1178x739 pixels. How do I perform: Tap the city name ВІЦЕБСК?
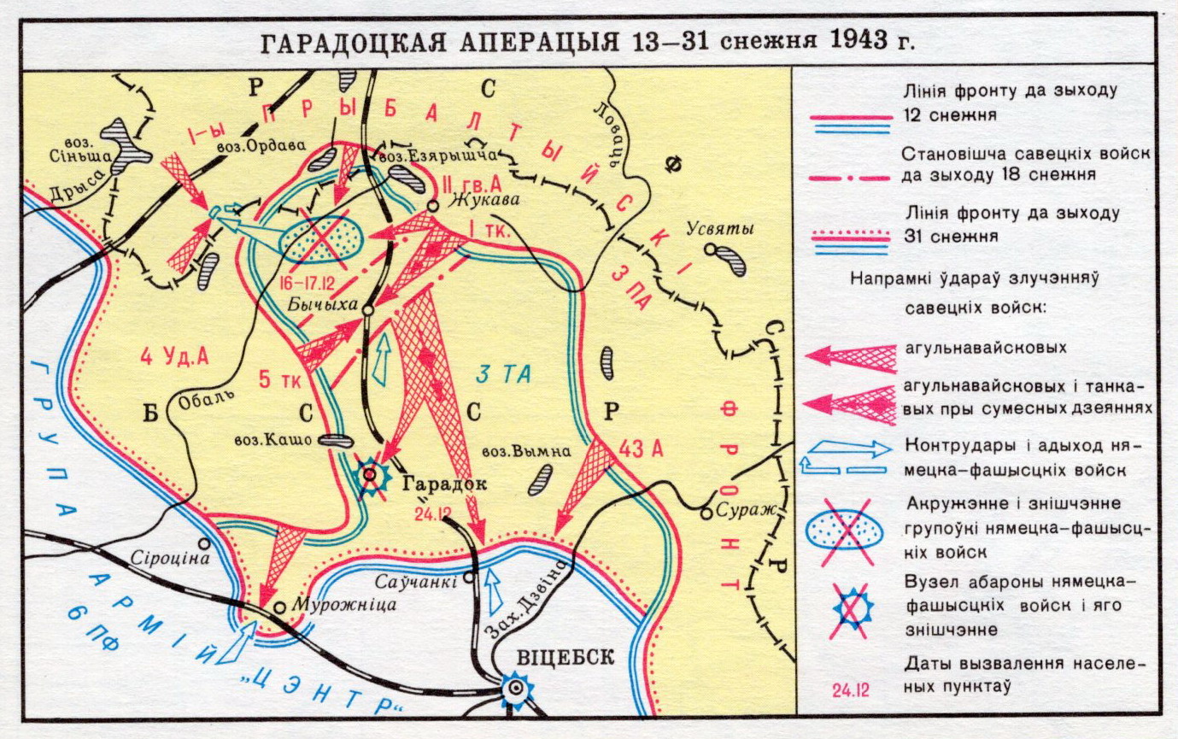click(564, 657)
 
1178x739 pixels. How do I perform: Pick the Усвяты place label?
click(719, 229)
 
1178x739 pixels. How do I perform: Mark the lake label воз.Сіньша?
click(75, 151)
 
